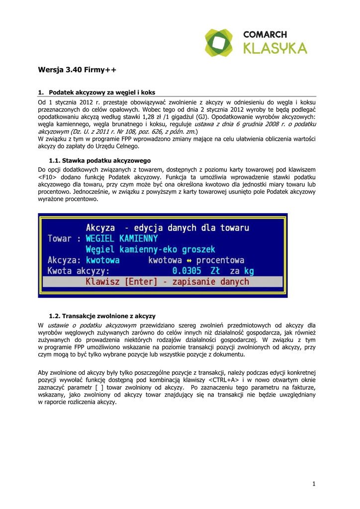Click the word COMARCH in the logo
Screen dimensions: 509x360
coord(265,35)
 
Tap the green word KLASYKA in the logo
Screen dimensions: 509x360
coord(275,48)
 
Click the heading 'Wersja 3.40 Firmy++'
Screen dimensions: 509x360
coord(77,71)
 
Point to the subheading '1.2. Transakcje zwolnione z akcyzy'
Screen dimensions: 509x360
coord(102,316)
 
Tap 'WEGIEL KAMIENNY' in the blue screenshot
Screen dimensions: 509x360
coord(121,239)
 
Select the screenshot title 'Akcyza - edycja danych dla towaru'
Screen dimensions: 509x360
coord(168,228)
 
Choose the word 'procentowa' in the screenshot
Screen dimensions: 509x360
coord(220,260)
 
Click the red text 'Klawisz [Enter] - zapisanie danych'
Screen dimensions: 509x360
coord(167,282)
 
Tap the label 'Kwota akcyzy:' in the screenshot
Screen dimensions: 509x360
coord(78,271)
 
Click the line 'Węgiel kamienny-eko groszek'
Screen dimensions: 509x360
coord(150,250)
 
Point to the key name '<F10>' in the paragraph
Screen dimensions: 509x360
coord(48,177)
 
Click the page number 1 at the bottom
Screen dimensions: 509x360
coord(314,484)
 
